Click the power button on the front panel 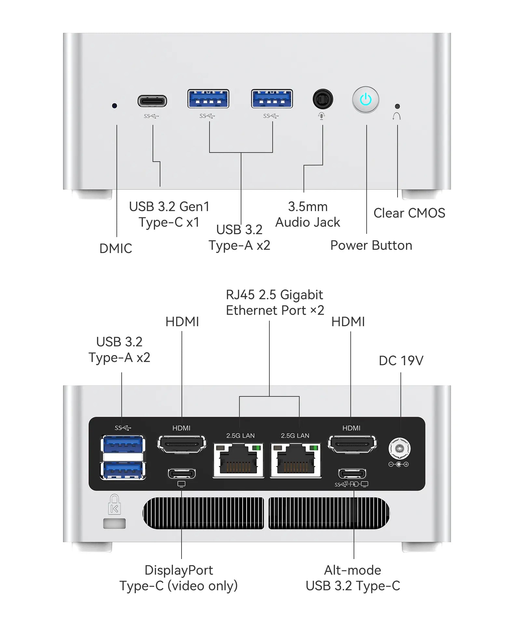(x=366, y=100)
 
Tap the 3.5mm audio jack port (x=322, y=99)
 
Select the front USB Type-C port (x=152, y=101)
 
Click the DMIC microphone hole (x=114, y=106)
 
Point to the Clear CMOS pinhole (x=397, y=106)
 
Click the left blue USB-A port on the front (x=208, y=99)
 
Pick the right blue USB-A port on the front (x=272, y=99)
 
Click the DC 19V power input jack (x=399, y=449)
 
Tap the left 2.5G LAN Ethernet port (x=238, y=460)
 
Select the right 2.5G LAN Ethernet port (x=295, y=460)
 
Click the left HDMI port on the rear (x=182, y=444)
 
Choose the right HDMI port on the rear (x=352, y=444)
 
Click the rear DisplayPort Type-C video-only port (x=182, y=474)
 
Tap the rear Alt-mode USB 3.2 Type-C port (x=352, y=474)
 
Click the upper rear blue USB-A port (x=123, y=445)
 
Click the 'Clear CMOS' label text (x=409, y=213)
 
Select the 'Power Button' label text (x=371, y=245)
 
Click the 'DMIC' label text (x=115, y=248)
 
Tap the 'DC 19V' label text (x=401, y=361)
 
